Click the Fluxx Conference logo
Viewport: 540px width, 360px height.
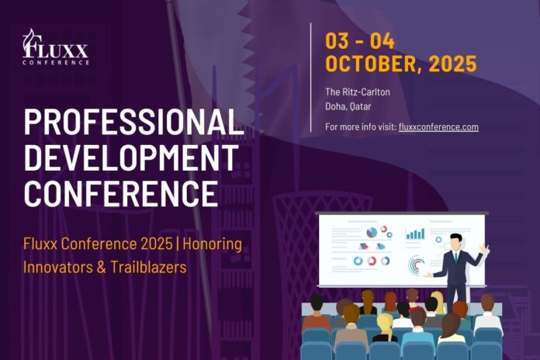[55, 47]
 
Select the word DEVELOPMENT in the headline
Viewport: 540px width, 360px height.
[131, 157]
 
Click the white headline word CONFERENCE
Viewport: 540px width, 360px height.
[121, 194]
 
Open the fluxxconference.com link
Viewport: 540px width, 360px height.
[438, 126]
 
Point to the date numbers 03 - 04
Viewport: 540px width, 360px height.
[360, 41]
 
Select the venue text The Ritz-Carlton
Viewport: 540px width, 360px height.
[358, 92]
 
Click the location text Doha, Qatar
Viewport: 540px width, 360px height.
[348, 106]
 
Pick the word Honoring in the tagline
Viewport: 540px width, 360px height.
[212, 244]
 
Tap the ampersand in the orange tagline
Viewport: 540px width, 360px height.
[101, 268]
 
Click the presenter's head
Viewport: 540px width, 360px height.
[456, 241]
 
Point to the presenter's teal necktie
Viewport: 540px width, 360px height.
[456, 257]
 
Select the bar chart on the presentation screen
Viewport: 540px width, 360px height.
[415, 234]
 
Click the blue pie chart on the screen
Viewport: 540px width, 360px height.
[372, 233]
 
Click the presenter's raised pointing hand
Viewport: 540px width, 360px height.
[485, 249]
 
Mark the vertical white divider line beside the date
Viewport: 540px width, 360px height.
[310, 78]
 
